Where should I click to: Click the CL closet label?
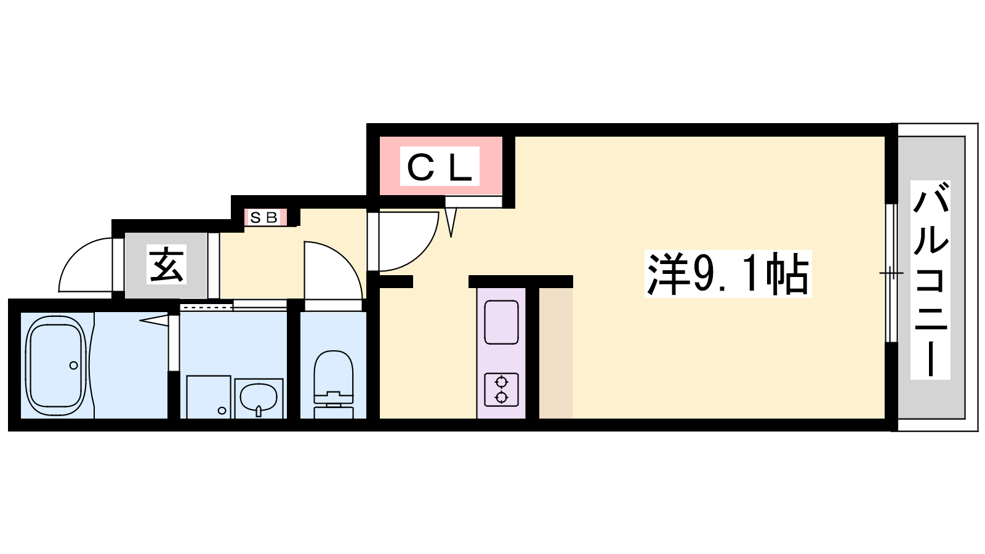pyautogui.click(x=440, y=166)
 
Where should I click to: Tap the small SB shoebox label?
pyautogui.click(x=263, y=217)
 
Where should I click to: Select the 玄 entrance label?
pyautogui.click(x=166, y=264)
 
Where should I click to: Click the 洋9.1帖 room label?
pyautogui.click(x=728, y=273)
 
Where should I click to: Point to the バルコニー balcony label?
pyautogui.click(x=930, y=280)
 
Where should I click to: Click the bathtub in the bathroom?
pyautogui.click(x=56, y=366)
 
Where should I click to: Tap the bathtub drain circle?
pyautogui.click(x=73, y=366)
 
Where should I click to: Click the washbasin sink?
pyautogui.click(x=259, y=398)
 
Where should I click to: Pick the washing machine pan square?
pyautogui.click(x=209, y=397)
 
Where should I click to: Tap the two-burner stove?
pyautogui.click(x=501, y=390)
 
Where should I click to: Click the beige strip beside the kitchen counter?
pyautogui.click(x=556, y=353)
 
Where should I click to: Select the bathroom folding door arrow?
pyautogui.click(x=154, y=321)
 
